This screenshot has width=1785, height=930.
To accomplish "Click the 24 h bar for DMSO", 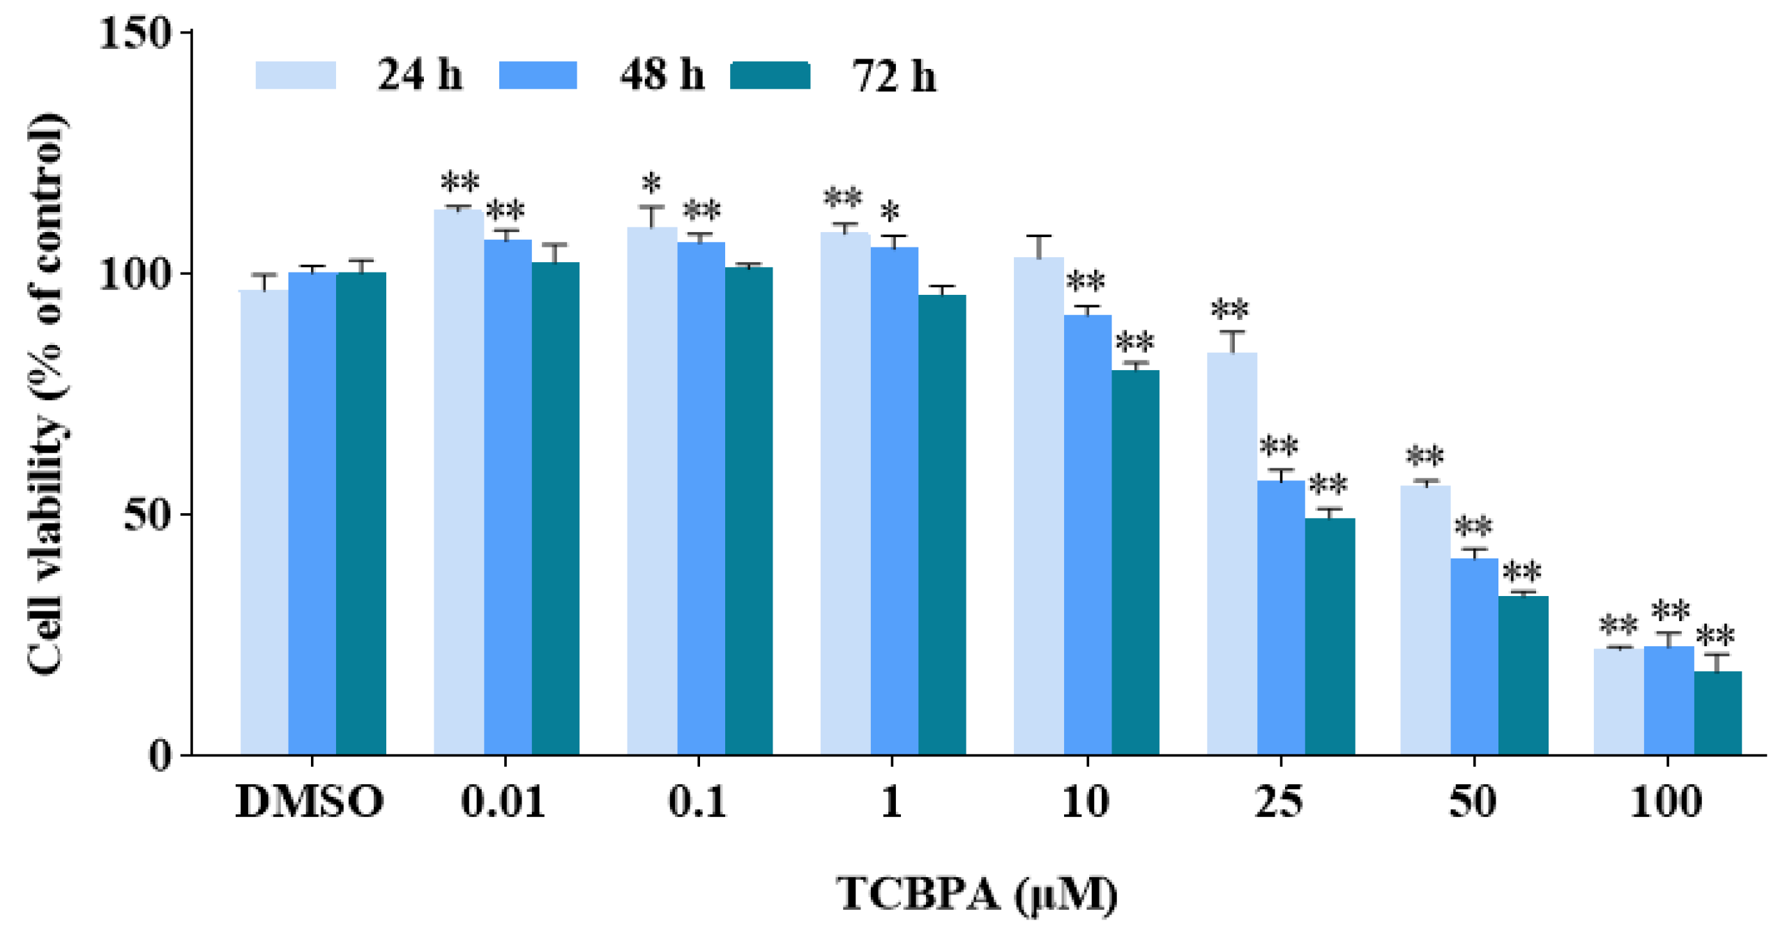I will [x=264, y=523].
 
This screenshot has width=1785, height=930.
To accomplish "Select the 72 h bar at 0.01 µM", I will [x=555, y=509].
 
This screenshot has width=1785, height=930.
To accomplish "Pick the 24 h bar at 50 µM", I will [x=1425, y=620].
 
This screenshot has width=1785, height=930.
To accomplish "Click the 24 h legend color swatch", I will [x=296, y=75].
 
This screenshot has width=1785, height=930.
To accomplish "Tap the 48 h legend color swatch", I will [x=538, y=75].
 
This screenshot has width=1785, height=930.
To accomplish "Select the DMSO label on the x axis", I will [x=310, y=801].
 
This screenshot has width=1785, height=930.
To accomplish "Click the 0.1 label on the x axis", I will [x=697, y=801].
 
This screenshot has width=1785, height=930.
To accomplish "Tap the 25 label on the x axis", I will [x=1279, y=801].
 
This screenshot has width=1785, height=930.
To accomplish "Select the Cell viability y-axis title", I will [x=47, y=394].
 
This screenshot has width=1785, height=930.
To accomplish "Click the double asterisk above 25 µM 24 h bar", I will [x=1230, y=309].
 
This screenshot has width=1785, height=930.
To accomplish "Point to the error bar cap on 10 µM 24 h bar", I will [x=1039, y=237].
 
